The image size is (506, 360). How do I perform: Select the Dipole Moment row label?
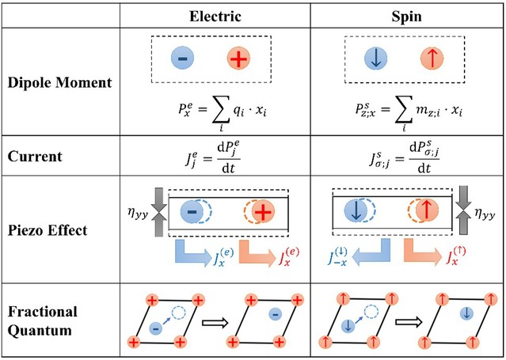(50, 81)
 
